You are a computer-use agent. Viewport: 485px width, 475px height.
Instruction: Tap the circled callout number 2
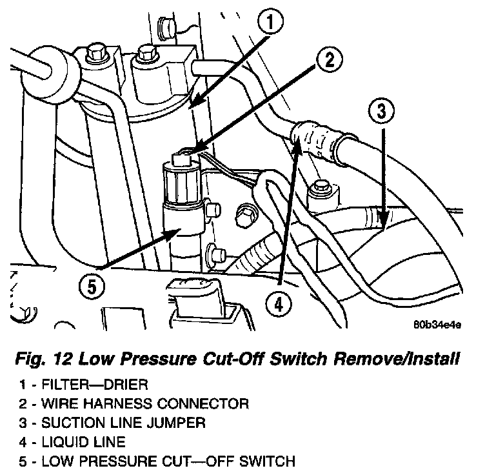[x=328, y=61]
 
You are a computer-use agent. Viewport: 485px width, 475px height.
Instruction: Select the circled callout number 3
[x=381, y=112]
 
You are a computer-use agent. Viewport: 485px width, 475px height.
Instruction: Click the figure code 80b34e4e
[x=437, y=325]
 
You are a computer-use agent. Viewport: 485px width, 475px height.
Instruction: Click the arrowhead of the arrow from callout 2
[x=190, y=152]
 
